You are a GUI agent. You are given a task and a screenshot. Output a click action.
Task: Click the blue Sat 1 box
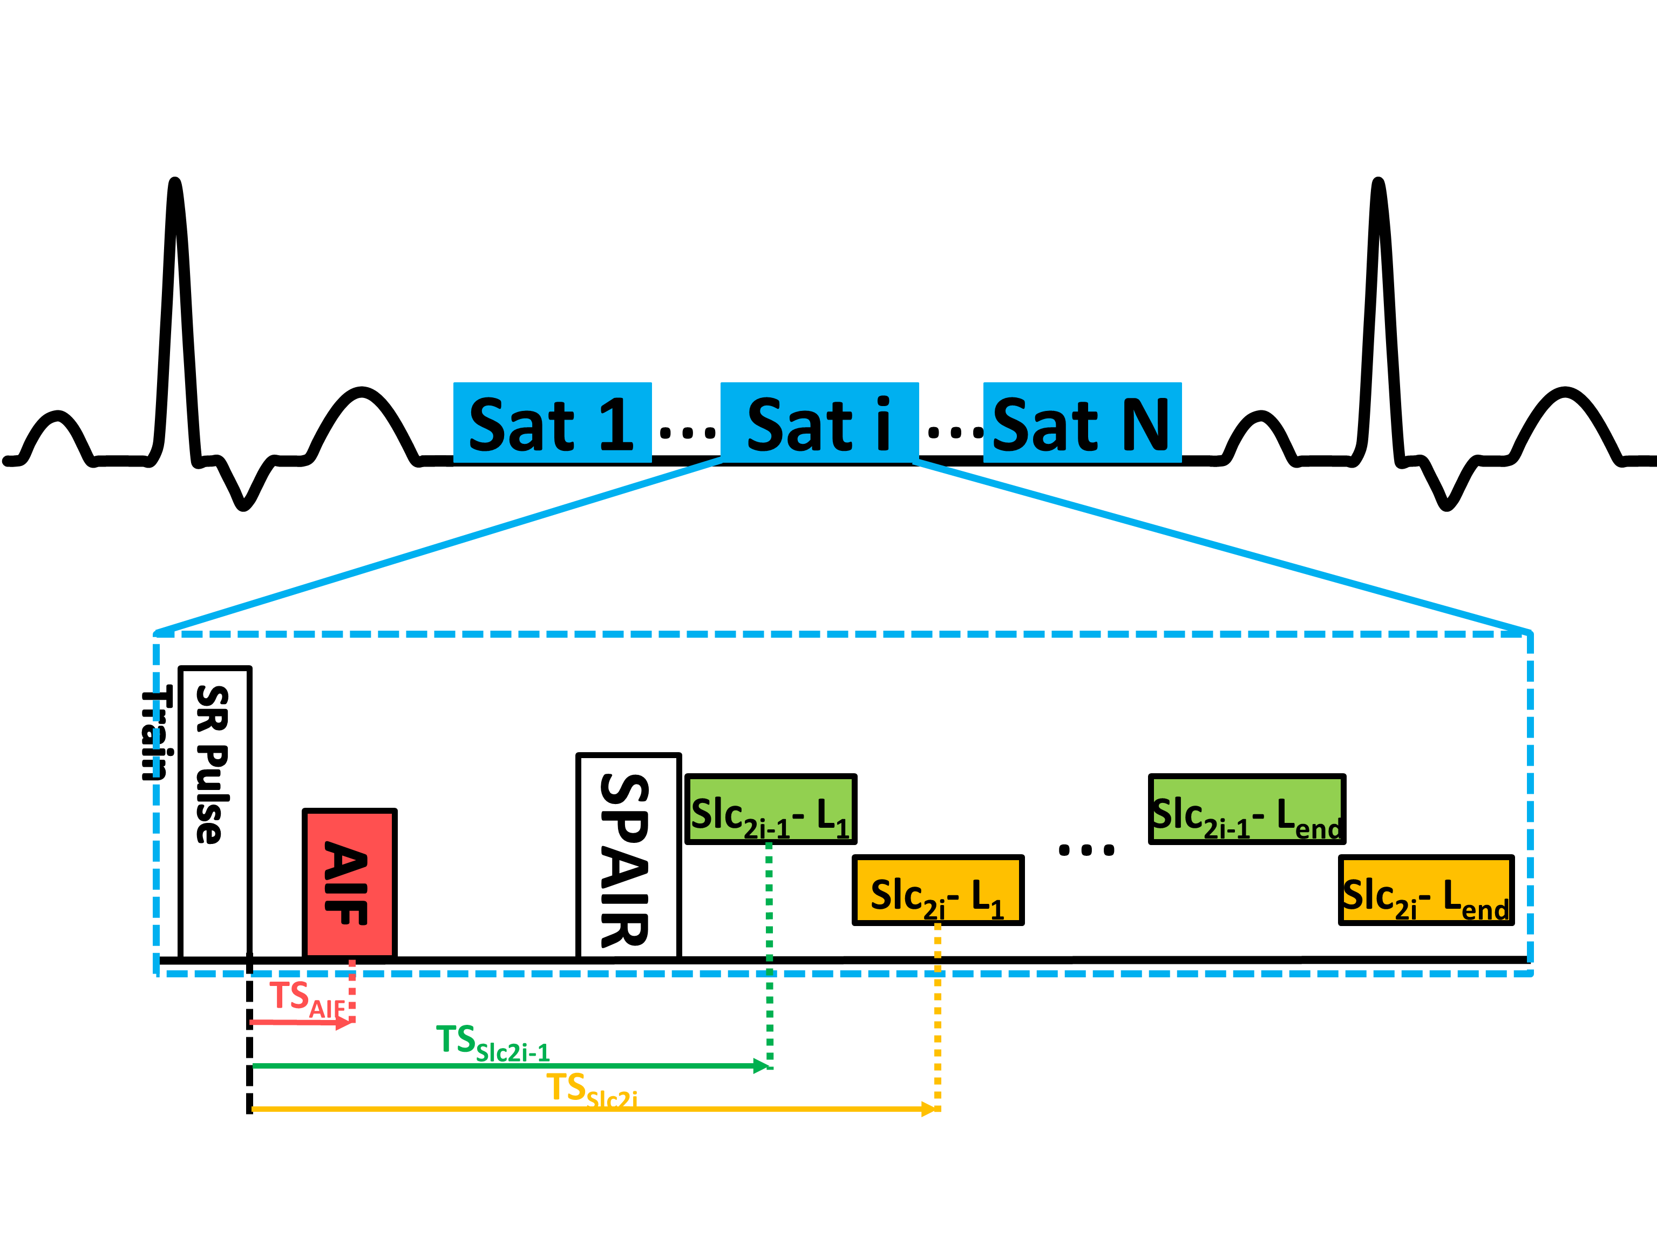552,423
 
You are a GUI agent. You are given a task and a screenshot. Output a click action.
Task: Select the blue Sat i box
819,423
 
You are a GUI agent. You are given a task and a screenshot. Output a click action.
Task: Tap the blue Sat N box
1082,423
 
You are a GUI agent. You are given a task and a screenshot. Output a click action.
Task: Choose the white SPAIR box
628,856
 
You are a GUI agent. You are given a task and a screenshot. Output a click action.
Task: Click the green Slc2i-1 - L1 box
770,809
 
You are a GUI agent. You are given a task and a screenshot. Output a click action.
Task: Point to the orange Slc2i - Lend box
1425,890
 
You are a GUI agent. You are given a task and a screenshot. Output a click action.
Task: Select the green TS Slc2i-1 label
492,1043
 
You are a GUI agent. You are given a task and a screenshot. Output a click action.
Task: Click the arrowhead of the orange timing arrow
929,1109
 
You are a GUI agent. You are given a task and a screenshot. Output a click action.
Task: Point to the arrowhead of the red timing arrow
344,1023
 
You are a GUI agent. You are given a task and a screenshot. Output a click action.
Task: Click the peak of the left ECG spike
174,182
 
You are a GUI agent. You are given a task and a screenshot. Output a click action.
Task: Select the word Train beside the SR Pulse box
157,734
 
